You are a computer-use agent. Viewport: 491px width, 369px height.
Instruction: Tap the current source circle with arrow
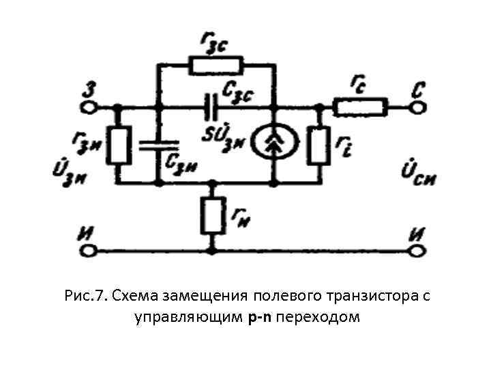click(272, 145)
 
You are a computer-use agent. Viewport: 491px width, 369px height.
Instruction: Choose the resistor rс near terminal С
click(360, 107)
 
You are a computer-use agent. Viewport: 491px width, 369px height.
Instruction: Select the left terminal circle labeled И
click(86, 251)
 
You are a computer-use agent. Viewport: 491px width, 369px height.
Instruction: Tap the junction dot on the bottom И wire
click(212, 251)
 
